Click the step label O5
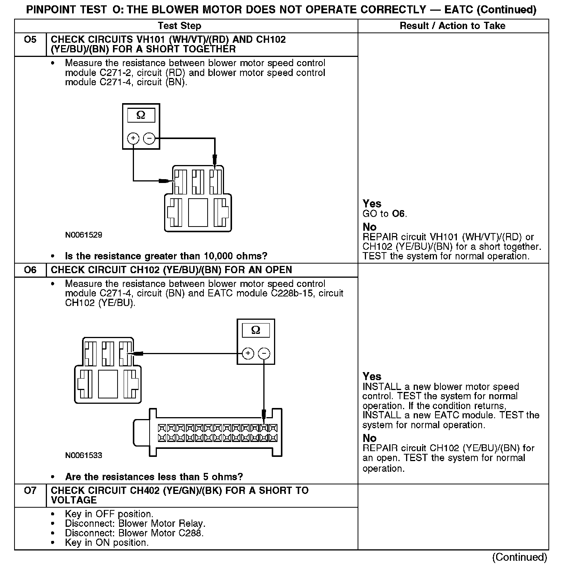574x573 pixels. click(x=30, y=40)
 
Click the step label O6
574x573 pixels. click(x=30, y=270)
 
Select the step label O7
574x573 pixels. click(x=30, y=490)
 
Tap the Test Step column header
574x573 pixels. click(x=179, y=26)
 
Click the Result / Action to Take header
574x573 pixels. click(x=452, y=26)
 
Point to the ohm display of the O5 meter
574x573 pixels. click(x=141, y=115)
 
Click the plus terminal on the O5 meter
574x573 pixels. click(x=133, y=138)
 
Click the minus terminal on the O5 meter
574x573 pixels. click(x=149, y=138)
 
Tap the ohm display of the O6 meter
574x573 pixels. click(x=256, y=330)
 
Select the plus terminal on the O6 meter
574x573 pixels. click(x=248, y=353)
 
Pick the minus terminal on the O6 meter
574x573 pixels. click(x=264, y=353)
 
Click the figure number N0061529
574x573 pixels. click(x=84, y=235)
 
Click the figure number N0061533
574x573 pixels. click(x=84, y=455)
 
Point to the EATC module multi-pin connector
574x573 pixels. click(x=208, y=432)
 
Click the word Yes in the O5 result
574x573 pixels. click(x=372, y=204)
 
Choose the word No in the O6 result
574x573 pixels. click(x=369, y=438)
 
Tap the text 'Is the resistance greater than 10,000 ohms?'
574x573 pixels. click(x=166, y=256)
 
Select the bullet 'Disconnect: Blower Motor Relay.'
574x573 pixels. click(x=135, y=523)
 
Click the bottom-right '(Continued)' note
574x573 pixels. click(x=519, y=557)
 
